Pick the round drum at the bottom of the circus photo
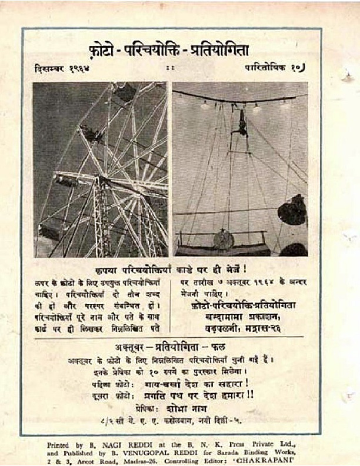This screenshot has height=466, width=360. click(224, 238)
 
